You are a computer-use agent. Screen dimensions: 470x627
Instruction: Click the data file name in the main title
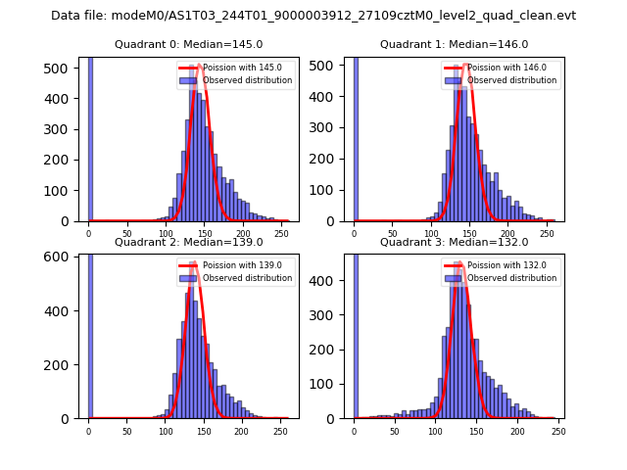tap(313, 16)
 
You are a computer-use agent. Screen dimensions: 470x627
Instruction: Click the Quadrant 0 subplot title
tap(188, 44)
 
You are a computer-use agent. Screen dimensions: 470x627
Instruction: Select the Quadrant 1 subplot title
tap(454, 44)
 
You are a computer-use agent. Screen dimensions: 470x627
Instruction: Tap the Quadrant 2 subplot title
tap(188, 242)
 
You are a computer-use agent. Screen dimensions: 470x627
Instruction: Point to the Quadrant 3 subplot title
tap(454, 242)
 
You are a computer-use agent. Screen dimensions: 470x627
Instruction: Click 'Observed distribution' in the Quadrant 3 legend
tap(520, 278)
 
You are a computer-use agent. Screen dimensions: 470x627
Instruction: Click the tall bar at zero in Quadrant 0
tap(90, 137)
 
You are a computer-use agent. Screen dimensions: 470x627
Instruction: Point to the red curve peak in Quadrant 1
tap(465, 67)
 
